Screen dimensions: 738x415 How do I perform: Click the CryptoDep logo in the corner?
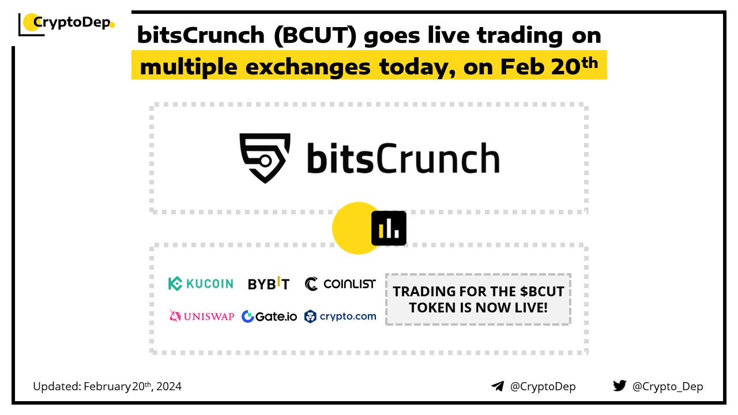pos(66,24)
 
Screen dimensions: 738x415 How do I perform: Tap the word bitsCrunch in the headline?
pos(201,35)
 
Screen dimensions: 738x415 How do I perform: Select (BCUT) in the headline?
pos(315,36)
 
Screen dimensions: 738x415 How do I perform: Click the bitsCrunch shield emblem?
pos(265,158)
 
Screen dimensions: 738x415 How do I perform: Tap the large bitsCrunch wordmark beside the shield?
pos(403,157)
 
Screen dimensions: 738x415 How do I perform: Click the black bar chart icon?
pos(389,228)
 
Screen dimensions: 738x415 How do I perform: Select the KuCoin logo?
pos(201,284)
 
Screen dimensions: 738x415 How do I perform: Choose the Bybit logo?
pos(269,283)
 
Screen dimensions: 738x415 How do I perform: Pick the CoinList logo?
pos(340,284)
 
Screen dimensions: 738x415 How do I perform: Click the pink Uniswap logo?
pos(201,316)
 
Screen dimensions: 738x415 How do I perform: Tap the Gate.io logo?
pos(269,316)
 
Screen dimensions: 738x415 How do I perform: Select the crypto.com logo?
pos(340,316)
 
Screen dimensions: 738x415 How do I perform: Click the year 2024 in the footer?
pos(169,386)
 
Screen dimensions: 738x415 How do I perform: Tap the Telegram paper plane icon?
pos(498,386)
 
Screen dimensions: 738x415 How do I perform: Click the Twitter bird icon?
pos(620,386)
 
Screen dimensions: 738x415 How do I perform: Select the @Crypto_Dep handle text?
pos(668,387)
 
